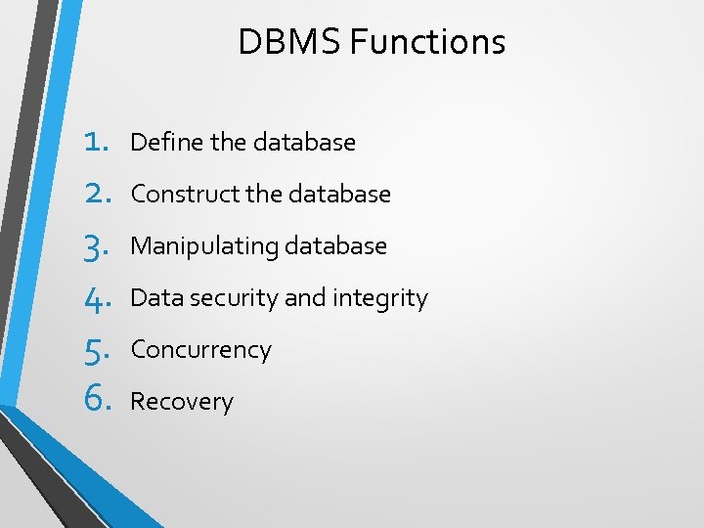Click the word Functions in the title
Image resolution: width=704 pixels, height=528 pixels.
click(x=427, y=42)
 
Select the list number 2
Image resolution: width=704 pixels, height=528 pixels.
click(x=95, y=194)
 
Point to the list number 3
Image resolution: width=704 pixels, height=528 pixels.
click(x=95, y=246)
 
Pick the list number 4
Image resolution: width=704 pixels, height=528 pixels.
click(x=95, y=298)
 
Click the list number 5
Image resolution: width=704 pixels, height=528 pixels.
click(x=95, y=350)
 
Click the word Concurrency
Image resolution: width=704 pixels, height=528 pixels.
click(x=200, y=350)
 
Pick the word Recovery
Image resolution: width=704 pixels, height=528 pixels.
click(x=182, y=402)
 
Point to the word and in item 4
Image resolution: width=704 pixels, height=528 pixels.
click(x=305, y=297)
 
